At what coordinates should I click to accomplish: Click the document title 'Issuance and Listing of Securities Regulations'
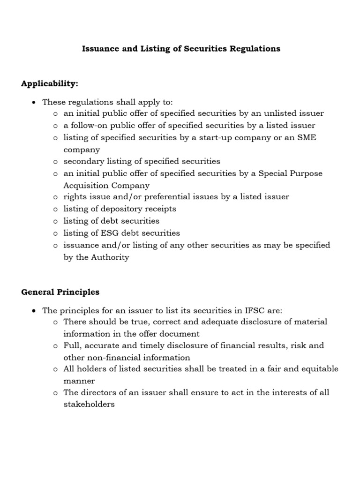(x=181, y=49)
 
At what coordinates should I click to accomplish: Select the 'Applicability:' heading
(x=50, y=83)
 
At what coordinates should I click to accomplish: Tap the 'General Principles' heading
(x=60, y=292)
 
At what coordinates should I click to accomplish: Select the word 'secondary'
(x=83, y=161)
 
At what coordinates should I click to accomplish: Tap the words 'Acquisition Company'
(x=106, y=185)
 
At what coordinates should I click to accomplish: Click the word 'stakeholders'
(x=89, y=404)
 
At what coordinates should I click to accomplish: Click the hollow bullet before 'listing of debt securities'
(x=55, y=221)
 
